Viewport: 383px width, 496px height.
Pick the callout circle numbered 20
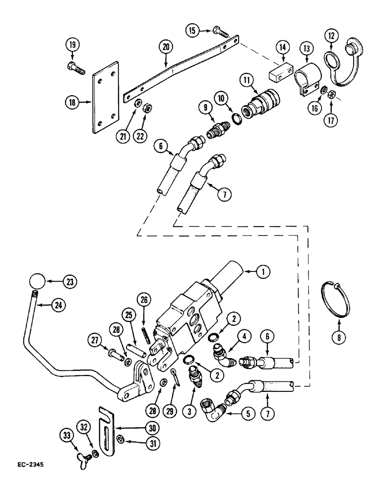[x=166, y=47]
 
